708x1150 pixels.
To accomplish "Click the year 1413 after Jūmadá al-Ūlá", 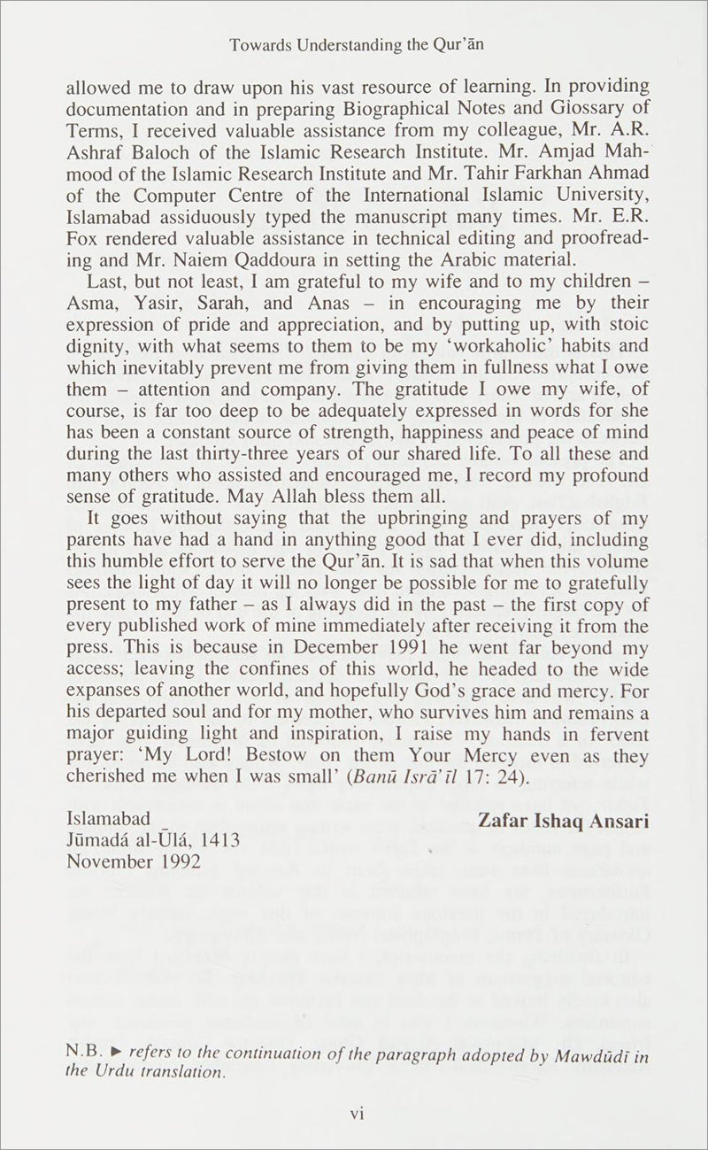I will (x=219, y=841).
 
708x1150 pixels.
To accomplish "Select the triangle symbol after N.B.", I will (x=119, y=1054).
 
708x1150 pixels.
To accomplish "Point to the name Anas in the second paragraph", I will (x=312, y=300).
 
